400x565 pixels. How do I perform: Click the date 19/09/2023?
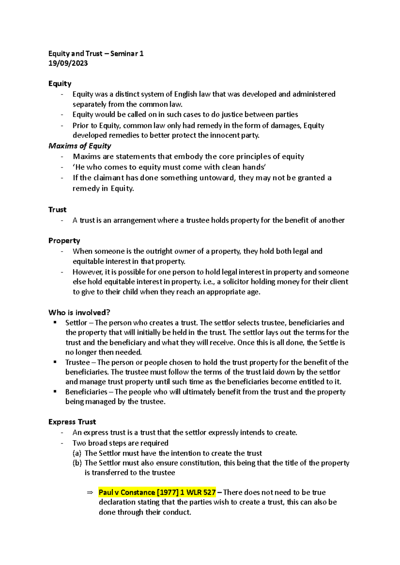(x=68, y=63)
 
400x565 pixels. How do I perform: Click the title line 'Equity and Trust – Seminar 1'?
(x=96, y=54)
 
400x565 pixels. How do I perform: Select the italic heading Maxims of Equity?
(x=80, y=146)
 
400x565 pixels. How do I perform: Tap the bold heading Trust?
(x=57, y=210)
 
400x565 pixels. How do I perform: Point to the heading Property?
(x=64, y=241)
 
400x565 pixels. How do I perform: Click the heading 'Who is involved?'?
(x=79, y=312)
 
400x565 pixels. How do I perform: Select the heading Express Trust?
(x=72, y=422)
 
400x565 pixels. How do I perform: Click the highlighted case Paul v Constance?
(x=157, y=492)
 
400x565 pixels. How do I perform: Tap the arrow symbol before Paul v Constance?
(x=90, y=492)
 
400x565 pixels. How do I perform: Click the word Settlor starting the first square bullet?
(x=76, y=323)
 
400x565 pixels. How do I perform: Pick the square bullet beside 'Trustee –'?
(x=55, y=362)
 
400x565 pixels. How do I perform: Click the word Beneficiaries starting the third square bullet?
(x=86, y=392)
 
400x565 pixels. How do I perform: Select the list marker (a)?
(x=77, y=453)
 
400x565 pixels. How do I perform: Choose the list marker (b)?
(x=77, y=463)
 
